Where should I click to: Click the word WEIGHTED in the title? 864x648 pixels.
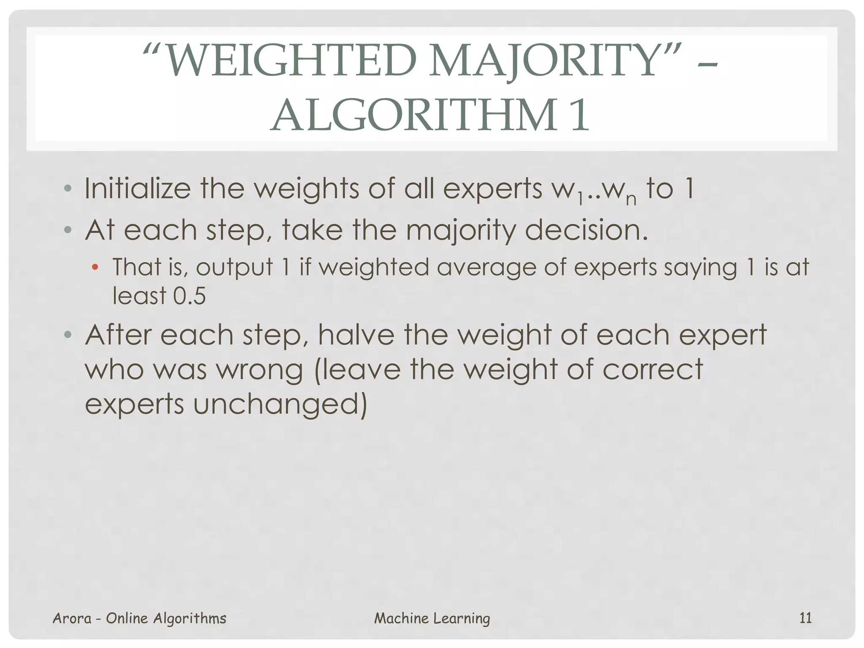[x=291, y=62]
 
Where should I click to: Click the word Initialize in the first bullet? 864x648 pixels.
[x=137, y=189]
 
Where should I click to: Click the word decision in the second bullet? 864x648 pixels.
[x=586, y=230]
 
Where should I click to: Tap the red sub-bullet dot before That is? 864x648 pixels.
[x=95, y=267]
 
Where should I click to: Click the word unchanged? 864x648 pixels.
[x=280, y=404]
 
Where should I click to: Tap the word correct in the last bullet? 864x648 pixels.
[x=652, y=369]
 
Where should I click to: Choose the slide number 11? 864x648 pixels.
[x=805, y=618]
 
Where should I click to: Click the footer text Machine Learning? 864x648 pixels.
[x=432, y=618]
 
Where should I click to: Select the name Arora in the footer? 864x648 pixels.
[x=72, y=618]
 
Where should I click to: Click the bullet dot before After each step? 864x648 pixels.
[x=67, y=335]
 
